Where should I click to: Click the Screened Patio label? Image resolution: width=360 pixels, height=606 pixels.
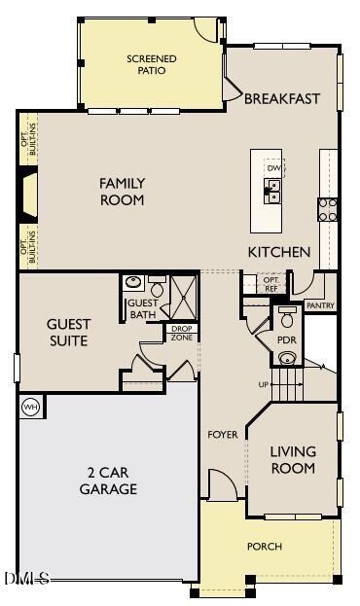pyautogui.click(x=152, y=64)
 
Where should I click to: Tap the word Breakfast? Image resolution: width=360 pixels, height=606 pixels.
pyautogui.click(x=282, y=99)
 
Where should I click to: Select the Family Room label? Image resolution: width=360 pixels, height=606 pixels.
pyautogui.click(x=122, y=192)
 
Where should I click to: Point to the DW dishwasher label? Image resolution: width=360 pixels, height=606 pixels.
pyautogui.click(x=273, y=167)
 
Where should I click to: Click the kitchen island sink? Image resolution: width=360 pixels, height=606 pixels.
pyautogui.click(x=273, y=189)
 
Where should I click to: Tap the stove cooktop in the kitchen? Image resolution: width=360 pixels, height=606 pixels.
pyautogui.click(x=328, y=209)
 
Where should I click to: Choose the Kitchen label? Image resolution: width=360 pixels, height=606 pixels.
pyautogui.click(x=278, y=252)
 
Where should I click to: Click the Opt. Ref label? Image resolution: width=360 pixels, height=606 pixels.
pyautogui.click(x=271, y=283)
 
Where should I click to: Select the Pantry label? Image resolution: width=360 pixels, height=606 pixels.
pyautogui.click(x=320, y=305)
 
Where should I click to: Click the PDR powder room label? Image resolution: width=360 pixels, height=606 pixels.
pyautogui.click(x=286, y=340)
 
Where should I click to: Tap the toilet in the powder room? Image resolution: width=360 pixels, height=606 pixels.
pyautogui.click(x=287, y=318)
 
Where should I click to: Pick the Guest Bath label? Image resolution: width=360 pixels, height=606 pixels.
pyautogui.click(x=142, y=308)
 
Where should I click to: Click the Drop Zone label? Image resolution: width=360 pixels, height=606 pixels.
pyautogui.click(x=182, y=333)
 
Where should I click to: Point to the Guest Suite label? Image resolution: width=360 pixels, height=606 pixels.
pyautogui.click(x=68, y=333)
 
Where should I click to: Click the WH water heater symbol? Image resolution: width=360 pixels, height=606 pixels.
pyautogui.click(x=29, y=407)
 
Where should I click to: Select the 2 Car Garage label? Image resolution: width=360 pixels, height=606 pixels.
pyautogui.click(x=107, y=481)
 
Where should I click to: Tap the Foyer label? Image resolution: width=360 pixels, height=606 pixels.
pyautogui.click(x=223, y=434)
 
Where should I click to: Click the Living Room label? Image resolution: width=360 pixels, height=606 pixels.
pyautogui.click(x=292, y=460)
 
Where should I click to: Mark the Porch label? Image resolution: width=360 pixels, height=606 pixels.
pyautogui.click(x=264, y=547)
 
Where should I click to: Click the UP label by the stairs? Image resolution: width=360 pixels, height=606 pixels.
pyautogui.click(x=262, y=385)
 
